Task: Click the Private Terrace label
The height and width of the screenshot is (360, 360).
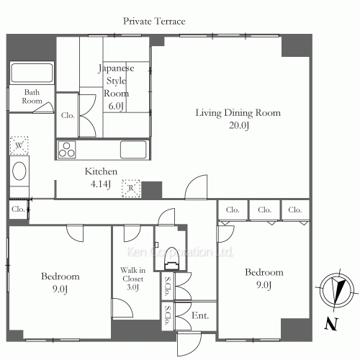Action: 154,22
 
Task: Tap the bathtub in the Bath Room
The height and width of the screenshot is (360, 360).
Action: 32,73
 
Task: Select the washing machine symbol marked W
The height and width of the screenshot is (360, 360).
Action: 19,145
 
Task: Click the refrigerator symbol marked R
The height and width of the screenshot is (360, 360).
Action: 131,189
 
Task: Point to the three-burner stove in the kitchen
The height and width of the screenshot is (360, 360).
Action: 67,150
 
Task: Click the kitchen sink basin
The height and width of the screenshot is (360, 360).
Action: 133,150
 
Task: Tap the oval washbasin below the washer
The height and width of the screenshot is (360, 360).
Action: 19,171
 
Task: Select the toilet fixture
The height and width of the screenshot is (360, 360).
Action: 172,258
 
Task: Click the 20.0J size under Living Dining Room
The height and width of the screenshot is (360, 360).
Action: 239,125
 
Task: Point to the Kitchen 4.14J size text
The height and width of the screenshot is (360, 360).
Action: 101,184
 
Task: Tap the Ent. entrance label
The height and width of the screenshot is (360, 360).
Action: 200,315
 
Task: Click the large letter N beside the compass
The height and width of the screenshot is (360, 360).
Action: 331,323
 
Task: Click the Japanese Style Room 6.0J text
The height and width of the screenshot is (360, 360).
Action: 116,87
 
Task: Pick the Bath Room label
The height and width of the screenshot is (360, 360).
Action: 32,96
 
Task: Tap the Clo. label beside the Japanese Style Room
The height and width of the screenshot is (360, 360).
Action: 68,115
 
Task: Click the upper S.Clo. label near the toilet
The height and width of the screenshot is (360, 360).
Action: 167,286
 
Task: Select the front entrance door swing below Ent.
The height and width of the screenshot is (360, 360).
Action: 189,343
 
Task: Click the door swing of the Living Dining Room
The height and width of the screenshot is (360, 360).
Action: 196,186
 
